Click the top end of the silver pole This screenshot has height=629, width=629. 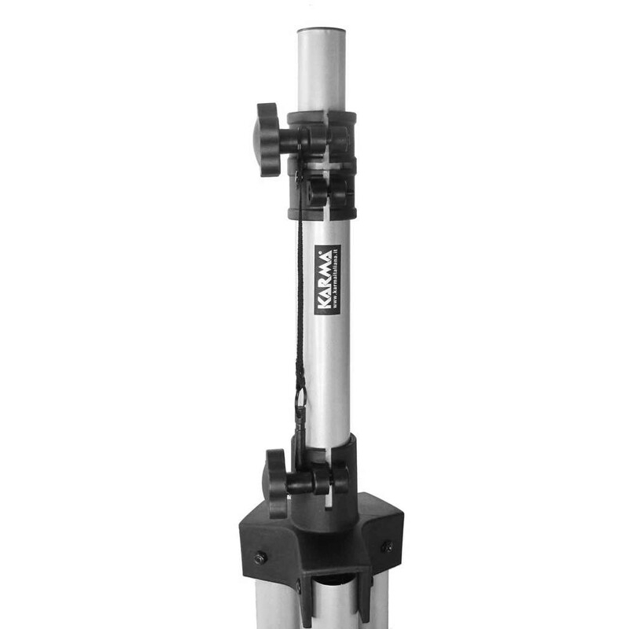[x=322, y=31]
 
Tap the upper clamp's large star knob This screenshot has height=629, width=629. [x=267, y=140]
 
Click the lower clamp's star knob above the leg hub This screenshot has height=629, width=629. [x=276, y=483]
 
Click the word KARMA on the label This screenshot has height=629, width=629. [x=325, y=280]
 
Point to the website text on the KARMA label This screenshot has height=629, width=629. [x=337, y=280]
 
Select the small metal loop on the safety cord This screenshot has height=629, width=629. [x=301, y=396]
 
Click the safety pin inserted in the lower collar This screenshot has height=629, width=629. [x=300, y=438]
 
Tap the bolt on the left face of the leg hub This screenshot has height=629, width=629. [x=260, y=557]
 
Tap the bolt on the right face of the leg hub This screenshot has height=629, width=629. [x=387, y=546]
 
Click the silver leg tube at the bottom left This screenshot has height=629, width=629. [x=277, y=604]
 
